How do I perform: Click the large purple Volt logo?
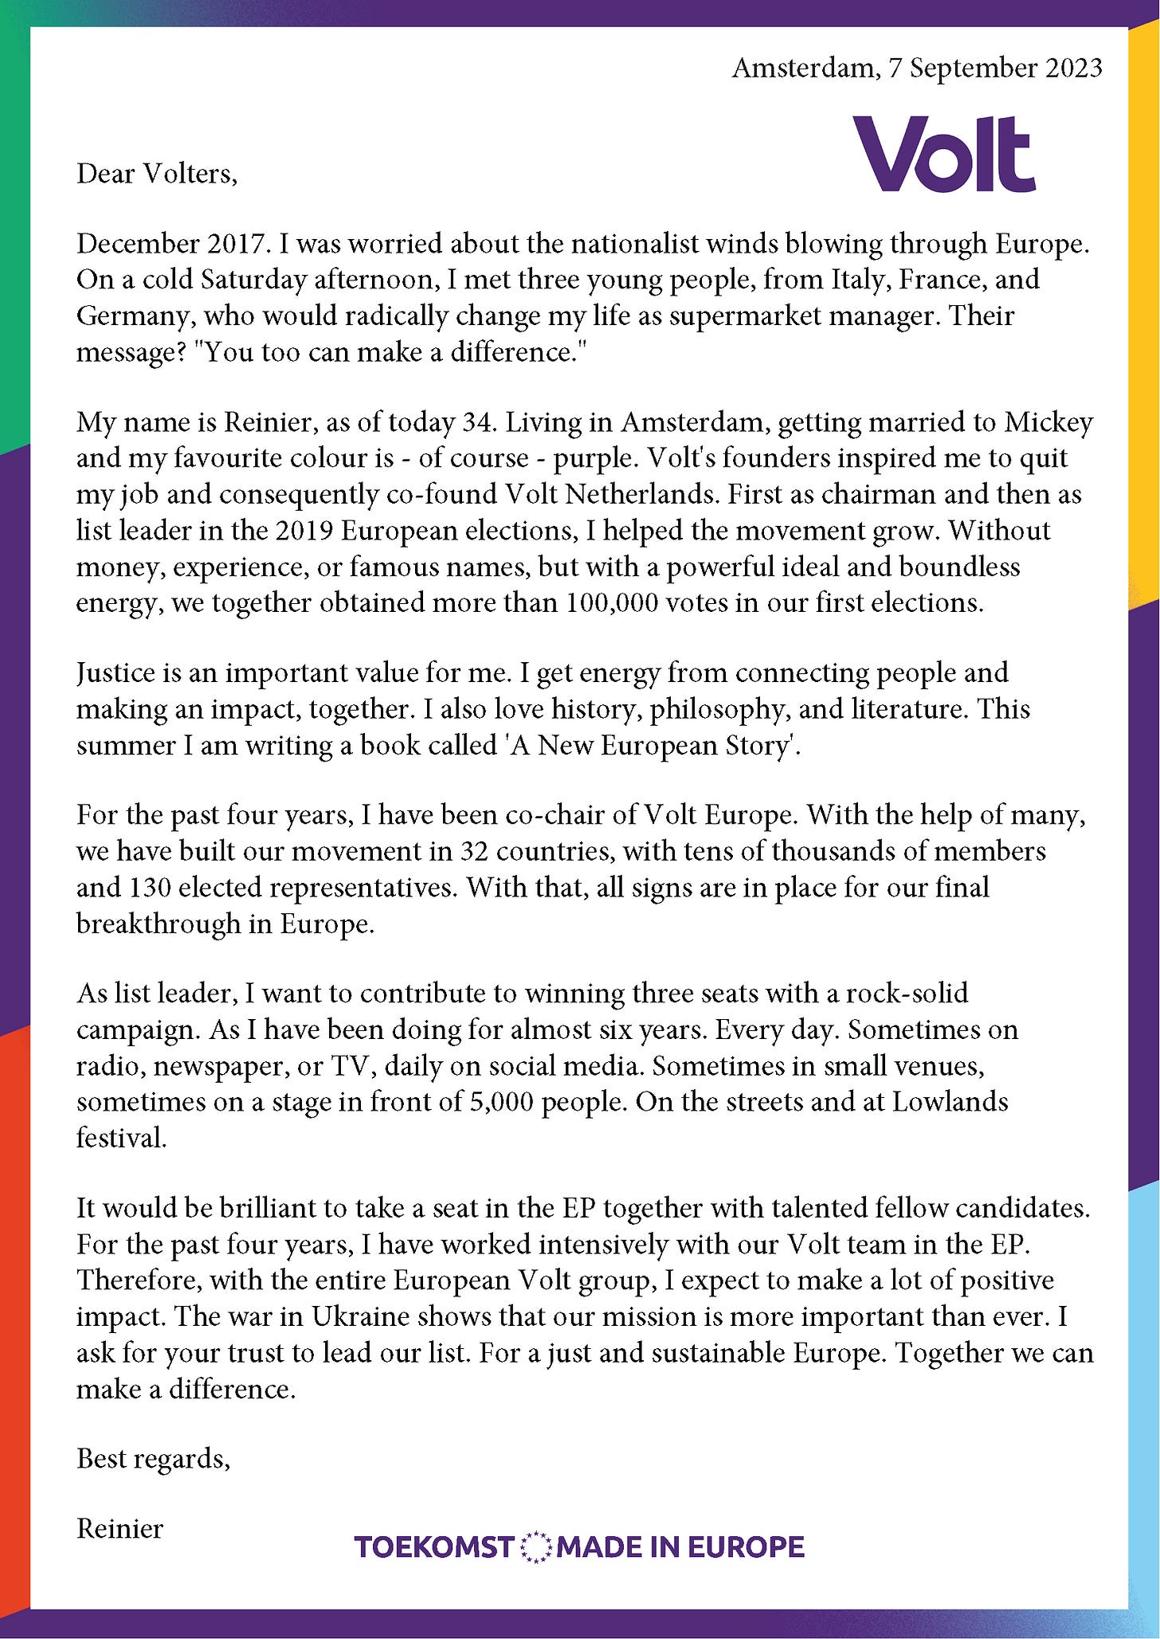[944, 154]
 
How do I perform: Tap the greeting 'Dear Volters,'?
[157, 173]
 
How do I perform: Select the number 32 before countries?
[475, 851]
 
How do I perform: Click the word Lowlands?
[950, 1102]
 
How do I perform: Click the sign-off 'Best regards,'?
[153, 1459]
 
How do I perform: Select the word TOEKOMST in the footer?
[434, 1547]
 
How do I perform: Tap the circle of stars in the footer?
[535, 1547]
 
